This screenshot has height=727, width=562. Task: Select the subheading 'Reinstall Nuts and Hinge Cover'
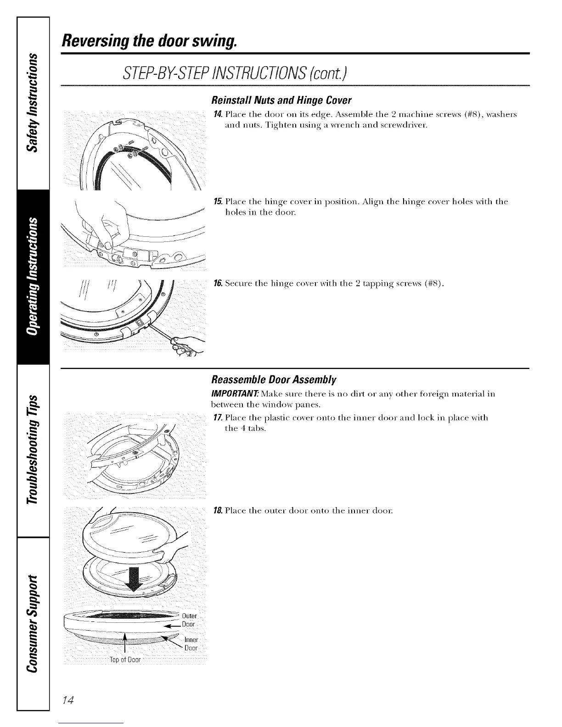pyautogui.click(x=281, y=100)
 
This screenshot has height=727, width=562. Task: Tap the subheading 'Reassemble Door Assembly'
pyautogui.click(x=274, y=380)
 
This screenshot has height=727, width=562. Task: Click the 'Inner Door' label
pyautogui.click(x=191, y=644)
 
